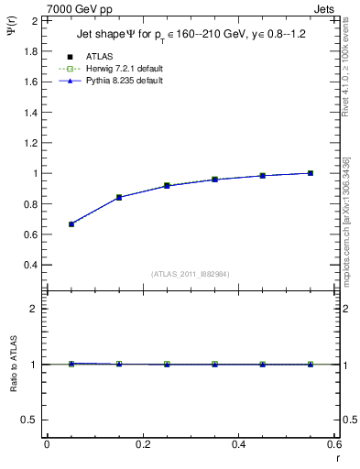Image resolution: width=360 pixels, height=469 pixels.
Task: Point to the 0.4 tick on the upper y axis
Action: pyautogui.click(x=31, y=266)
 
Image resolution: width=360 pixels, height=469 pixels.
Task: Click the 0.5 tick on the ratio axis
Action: pyautogui.click(x=31, y=420)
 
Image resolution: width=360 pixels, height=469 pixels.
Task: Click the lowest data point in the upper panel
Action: pyautogui.click(x=71, y=224)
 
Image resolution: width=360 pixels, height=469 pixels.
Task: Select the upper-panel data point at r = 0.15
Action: pyautogui.click(x=119, y=197)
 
